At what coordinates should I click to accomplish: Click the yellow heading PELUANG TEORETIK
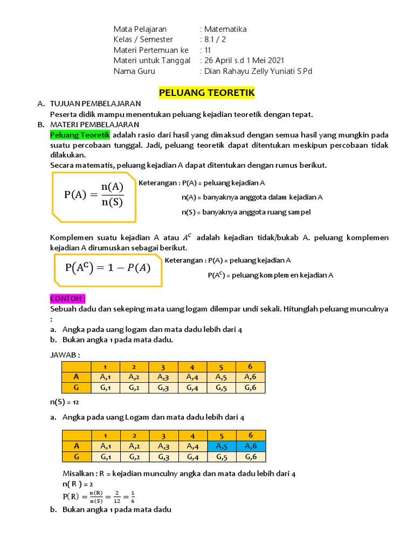207,93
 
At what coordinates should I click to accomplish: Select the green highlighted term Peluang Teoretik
80,134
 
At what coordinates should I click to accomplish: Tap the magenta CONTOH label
68,299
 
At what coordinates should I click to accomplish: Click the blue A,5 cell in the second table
221,446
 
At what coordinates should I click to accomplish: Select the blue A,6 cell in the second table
251,446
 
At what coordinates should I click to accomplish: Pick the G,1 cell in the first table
105,388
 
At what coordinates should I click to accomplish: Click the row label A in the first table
77,377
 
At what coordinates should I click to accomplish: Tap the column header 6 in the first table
251,367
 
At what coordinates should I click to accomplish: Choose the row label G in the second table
77,457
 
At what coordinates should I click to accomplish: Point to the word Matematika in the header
224,29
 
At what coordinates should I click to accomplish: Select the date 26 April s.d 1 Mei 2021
243,60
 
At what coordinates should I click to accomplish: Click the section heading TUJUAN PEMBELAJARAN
95,103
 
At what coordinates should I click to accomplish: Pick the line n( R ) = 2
78,484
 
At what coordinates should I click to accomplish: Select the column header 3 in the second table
163,436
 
